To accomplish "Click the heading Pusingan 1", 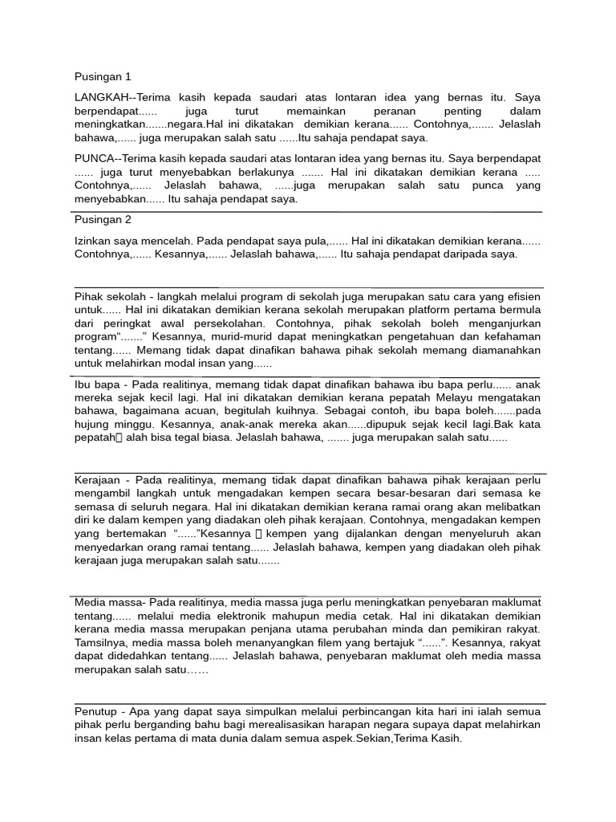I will (x=102, y=77).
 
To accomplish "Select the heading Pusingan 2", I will (x=102, y=219).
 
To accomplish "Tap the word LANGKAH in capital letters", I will (x=99, y=96).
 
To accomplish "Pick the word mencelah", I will (x=165, y=239).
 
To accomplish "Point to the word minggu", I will (x=133, y=424).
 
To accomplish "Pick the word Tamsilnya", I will (x=99, y=643).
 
